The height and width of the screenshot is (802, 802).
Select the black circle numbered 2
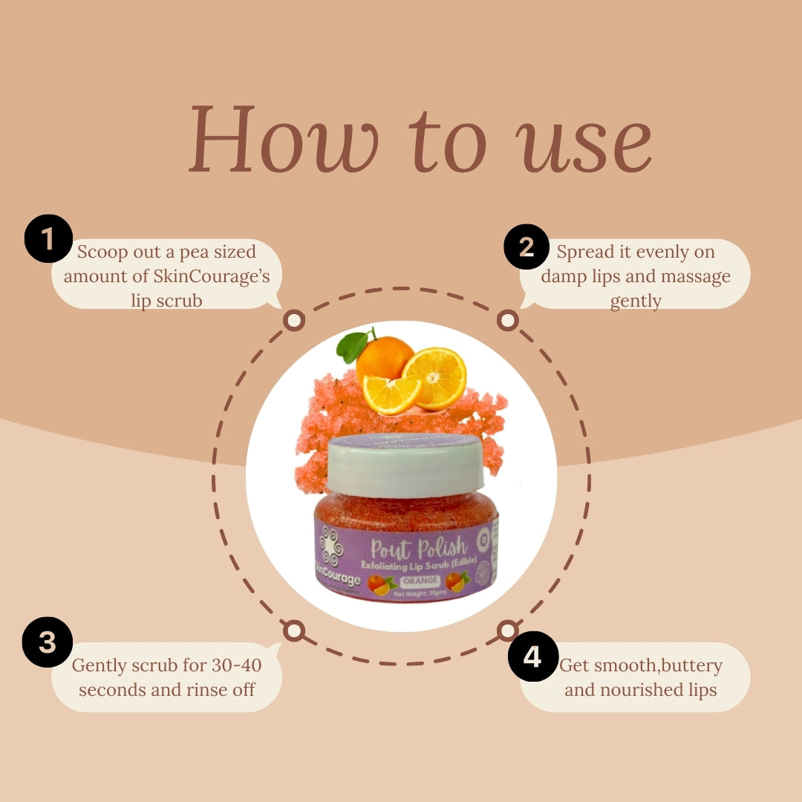point(526,247)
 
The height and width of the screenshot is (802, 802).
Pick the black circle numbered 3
point(48,641)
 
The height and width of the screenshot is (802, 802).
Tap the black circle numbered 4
point(532,656)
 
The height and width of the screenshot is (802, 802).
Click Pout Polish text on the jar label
point(419,550)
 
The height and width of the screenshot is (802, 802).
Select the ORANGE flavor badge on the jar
point(420,580)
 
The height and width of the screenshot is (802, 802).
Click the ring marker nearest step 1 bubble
point(294,321)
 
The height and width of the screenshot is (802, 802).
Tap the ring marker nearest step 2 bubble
point(507,321)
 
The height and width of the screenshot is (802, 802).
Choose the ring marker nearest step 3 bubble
point(294,631)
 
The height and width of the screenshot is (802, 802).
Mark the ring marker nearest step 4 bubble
point(507,631)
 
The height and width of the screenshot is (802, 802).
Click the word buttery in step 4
point(684,665)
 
